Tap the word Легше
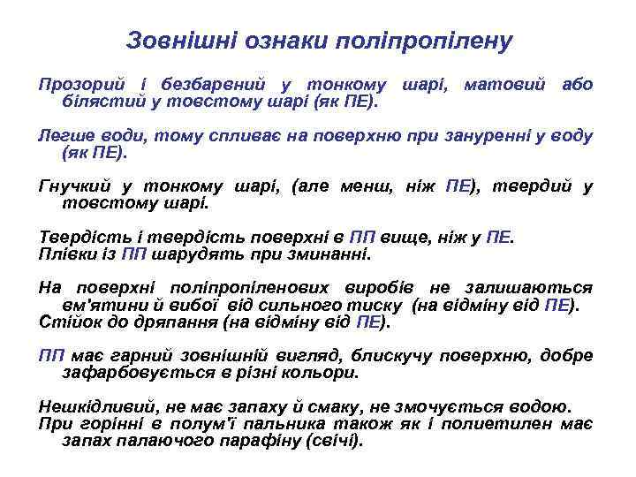(x=64, y=137)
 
